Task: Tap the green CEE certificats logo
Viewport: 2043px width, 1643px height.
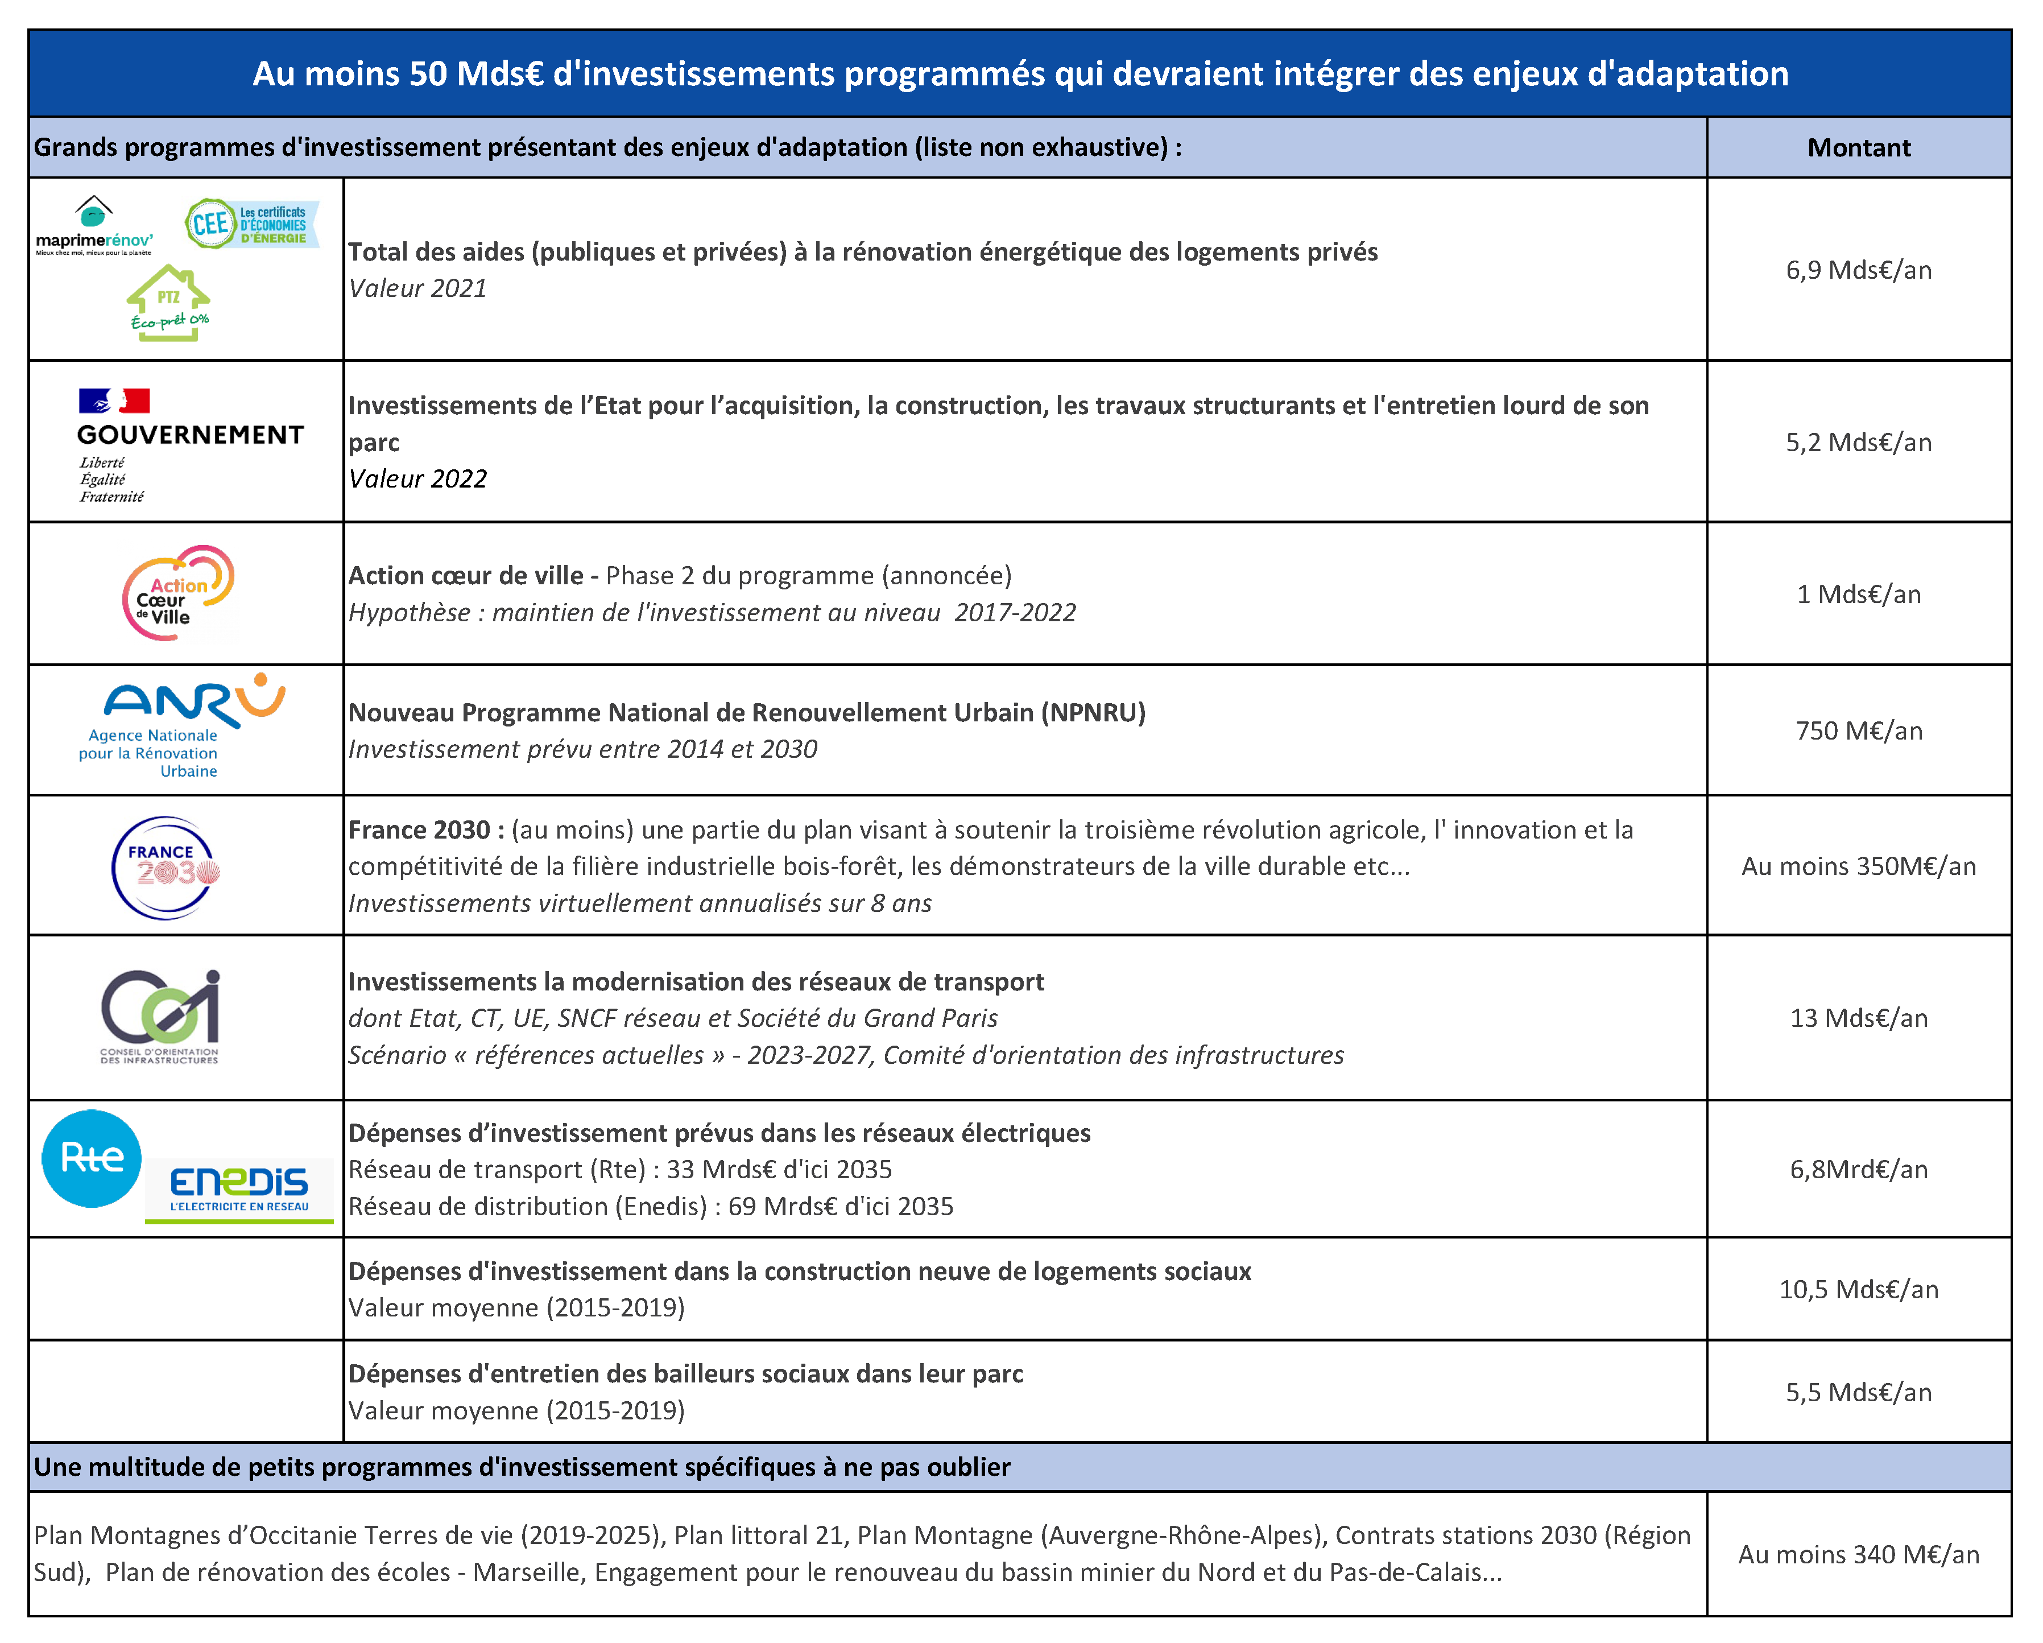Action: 252,224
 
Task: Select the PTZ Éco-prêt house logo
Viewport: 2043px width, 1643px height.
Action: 169,303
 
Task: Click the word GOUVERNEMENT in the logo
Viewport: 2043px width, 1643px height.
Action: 191,435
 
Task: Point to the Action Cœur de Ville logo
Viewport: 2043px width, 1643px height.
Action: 178,593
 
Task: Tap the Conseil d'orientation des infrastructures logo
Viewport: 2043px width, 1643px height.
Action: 160,1015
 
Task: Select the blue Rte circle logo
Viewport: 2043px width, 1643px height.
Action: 92,1158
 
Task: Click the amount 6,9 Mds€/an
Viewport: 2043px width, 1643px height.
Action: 1858,270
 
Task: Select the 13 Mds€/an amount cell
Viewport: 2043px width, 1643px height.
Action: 1858,1018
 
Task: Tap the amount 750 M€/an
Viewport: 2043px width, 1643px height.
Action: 1858,731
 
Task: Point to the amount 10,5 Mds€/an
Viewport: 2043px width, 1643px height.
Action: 1858,1289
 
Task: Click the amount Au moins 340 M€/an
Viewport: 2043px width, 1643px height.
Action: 1858,1555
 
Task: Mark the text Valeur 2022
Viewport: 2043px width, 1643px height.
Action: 418,479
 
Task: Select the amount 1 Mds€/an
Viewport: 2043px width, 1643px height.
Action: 1858,595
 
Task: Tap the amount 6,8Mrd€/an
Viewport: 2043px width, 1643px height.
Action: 1858,1170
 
